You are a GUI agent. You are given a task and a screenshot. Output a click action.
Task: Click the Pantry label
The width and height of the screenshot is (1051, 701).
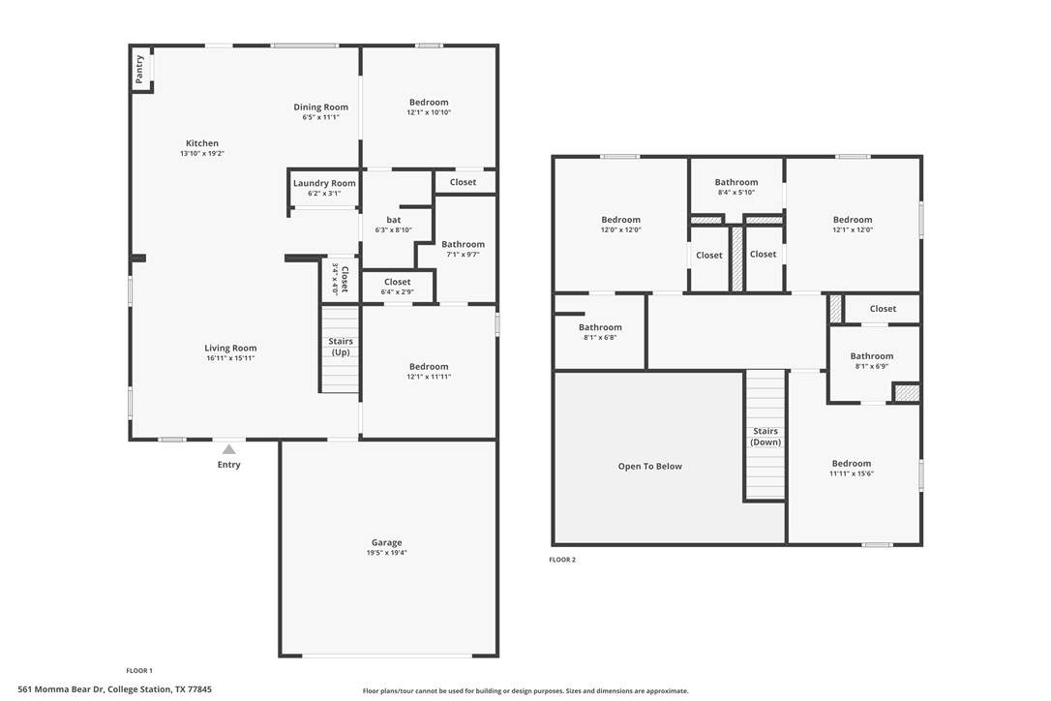click(139, 69)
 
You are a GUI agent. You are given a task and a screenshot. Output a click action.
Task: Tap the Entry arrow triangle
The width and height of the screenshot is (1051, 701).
click(229, 449)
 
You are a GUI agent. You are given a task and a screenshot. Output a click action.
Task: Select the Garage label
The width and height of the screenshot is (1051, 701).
click(387, 542)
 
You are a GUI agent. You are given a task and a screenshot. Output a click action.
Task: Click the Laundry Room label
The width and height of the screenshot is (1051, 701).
click(324, 183)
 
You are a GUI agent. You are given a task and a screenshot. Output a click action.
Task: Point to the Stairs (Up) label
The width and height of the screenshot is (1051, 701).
click(341, 347)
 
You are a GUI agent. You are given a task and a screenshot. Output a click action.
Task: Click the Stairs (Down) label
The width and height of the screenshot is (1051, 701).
click(766, 437)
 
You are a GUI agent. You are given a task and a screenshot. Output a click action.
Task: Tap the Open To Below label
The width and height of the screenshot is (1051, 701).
click(650, 467)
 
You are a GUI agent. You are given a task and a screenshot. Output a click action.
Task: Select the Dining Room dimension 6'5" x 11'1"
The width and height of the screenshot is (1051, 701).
click(321, 117)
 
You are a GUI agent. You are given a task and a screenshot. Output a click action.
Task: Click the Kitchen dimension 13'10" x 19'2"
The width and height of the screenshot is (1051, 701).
click(201, 154)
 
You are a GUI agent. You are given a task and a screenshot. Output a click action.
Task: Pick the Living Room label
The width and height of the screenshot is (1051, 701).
click(230, 349)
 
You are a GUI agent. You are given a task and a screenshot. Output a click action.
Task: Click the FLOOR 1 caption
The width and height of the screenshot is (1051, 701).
click(139, 670)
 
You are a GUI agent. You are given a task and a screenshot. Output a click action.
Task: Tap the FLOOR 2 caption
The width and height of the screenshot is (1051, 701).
click(562, 560)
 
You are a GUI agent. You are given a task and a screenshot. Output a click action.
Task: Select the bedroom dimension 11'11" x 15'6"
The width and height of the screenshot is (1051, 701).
click(852, 473)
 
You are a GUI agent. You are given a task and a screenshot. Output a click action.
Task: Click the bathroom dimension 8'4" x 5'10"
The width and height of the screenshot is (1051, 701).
click(736, 193)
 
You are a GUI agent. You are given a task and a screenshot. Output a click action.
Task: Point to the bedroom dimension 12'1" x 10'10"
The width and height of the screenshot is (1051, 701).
click(429, 112)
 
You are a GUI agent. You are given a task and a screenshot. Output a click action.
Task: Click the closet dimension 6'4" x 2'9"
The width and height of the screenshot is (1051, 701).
click(398, 292)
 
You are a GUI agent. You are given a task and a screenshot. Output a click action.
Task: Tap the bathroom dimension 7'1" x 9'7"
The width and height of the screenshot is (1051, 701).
click(464, 255)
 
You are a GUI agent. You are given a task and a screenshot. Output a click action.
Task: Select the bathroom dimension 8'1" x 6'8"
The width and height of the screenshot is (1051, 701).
click(601, 338)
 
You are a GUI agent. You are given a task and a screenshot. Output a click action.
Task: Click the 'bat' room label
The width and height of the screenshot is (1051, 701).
click(394, 220)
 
